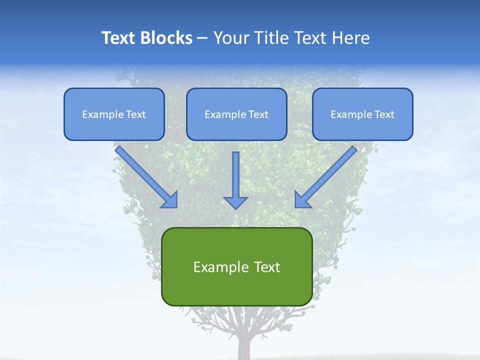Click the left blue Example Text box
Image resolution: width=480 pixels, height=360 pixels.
[114, 114]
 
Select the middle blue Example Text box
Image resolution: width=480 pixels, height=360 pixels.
[236, 114]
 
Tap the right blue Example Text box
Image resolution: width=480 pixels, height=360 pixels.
[362, 114]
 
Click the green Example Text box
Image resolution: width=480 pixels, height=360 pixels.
[236, 266]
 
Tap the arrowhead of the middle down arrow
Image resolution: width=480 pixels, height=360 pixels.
[236, 202]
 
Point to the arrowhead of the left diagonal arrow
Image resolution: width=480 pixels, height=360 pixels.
[170, 200]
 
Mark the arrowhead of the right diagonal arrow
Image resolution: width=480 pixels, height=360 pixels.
[302, 200]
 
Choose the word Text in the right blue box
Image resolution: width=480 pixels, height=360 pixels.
[384, 114]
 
